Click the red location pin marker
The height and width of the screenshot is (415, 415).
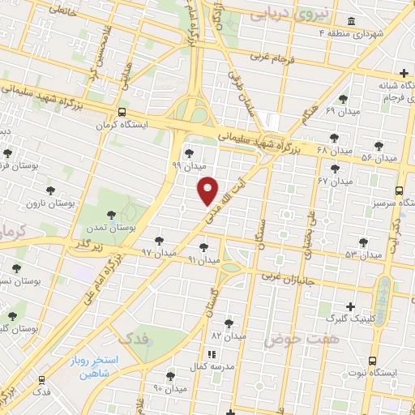tap(208, 190)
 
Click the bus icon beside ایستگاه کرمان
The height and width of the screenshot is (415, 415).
tap(122, 113)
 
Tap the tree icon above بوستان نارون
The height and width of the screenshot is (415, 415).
tap(50, 190)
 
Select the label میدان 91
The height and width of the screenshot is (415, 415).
tap(204, 260)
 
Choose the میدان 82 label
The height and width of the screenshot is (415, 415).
tap(229, 335)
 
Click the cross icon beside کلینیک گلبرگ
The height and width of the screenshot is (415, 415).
tap(349, 307)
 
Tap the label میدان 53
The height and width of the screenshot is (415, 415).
tap(362, 255)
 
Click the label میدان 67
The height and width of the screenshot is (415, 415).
tap(333, 180)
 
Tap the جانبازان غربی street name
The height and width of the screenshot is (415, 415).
tap(293, 276)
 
